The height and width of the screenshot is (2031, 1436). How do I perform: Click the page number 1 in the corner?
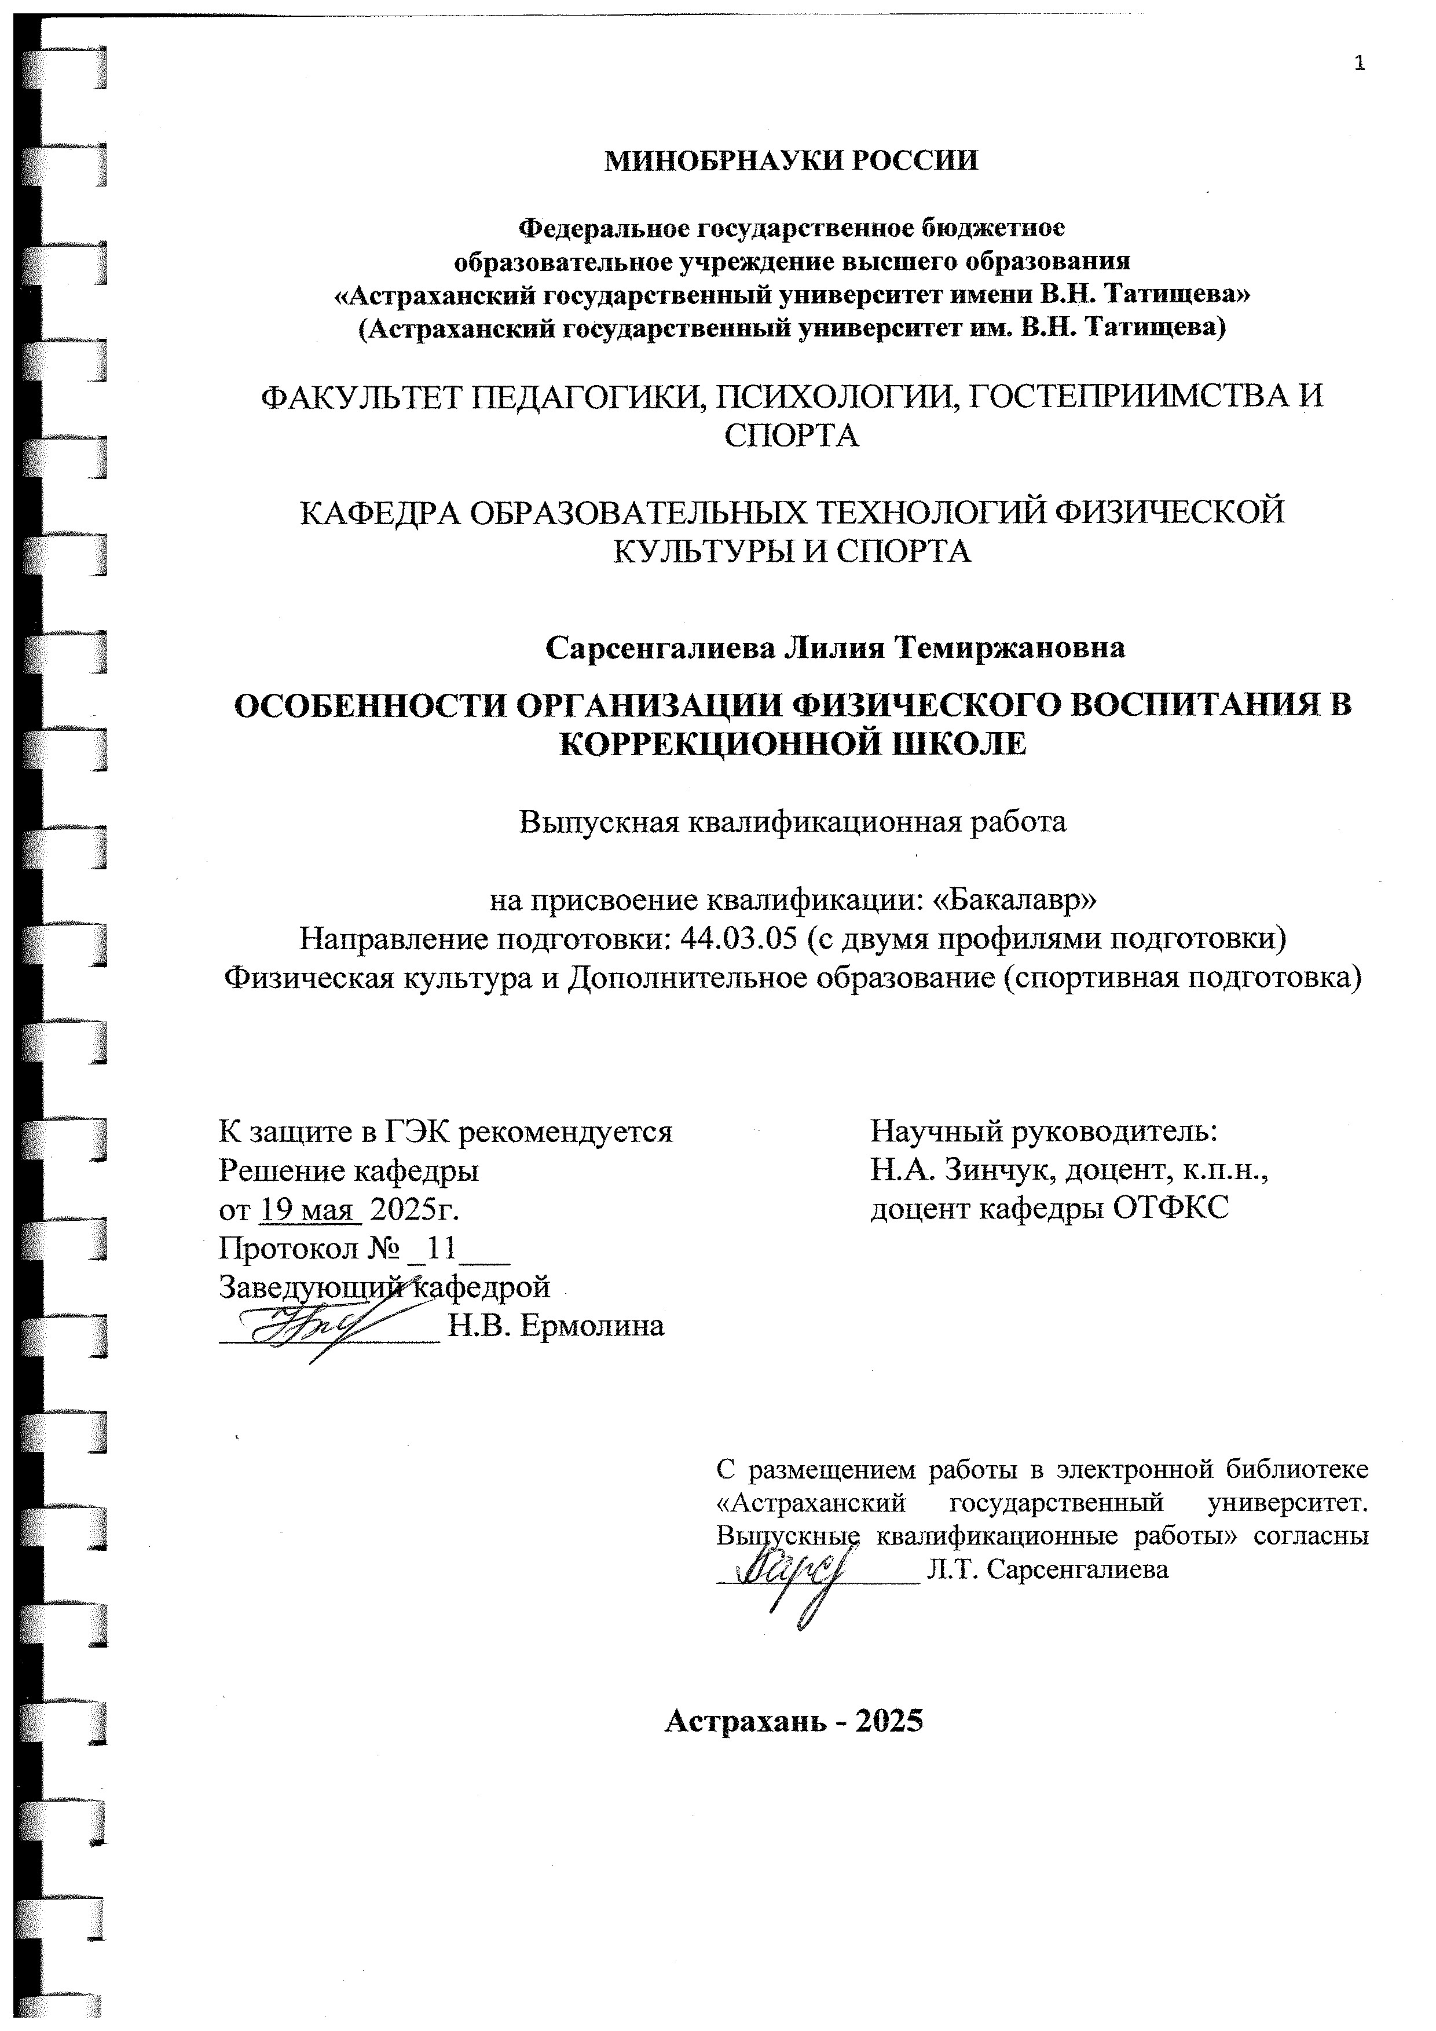point(1359,64)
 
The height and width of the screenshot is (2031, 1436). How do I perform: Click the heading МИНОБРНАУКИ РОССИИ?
point(792,161)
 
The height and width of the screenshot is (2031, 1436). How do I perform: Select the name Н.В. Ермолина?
point(556,1326)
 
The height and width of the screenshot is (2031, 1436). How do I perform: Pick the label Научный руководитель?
point(1044,1132)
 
